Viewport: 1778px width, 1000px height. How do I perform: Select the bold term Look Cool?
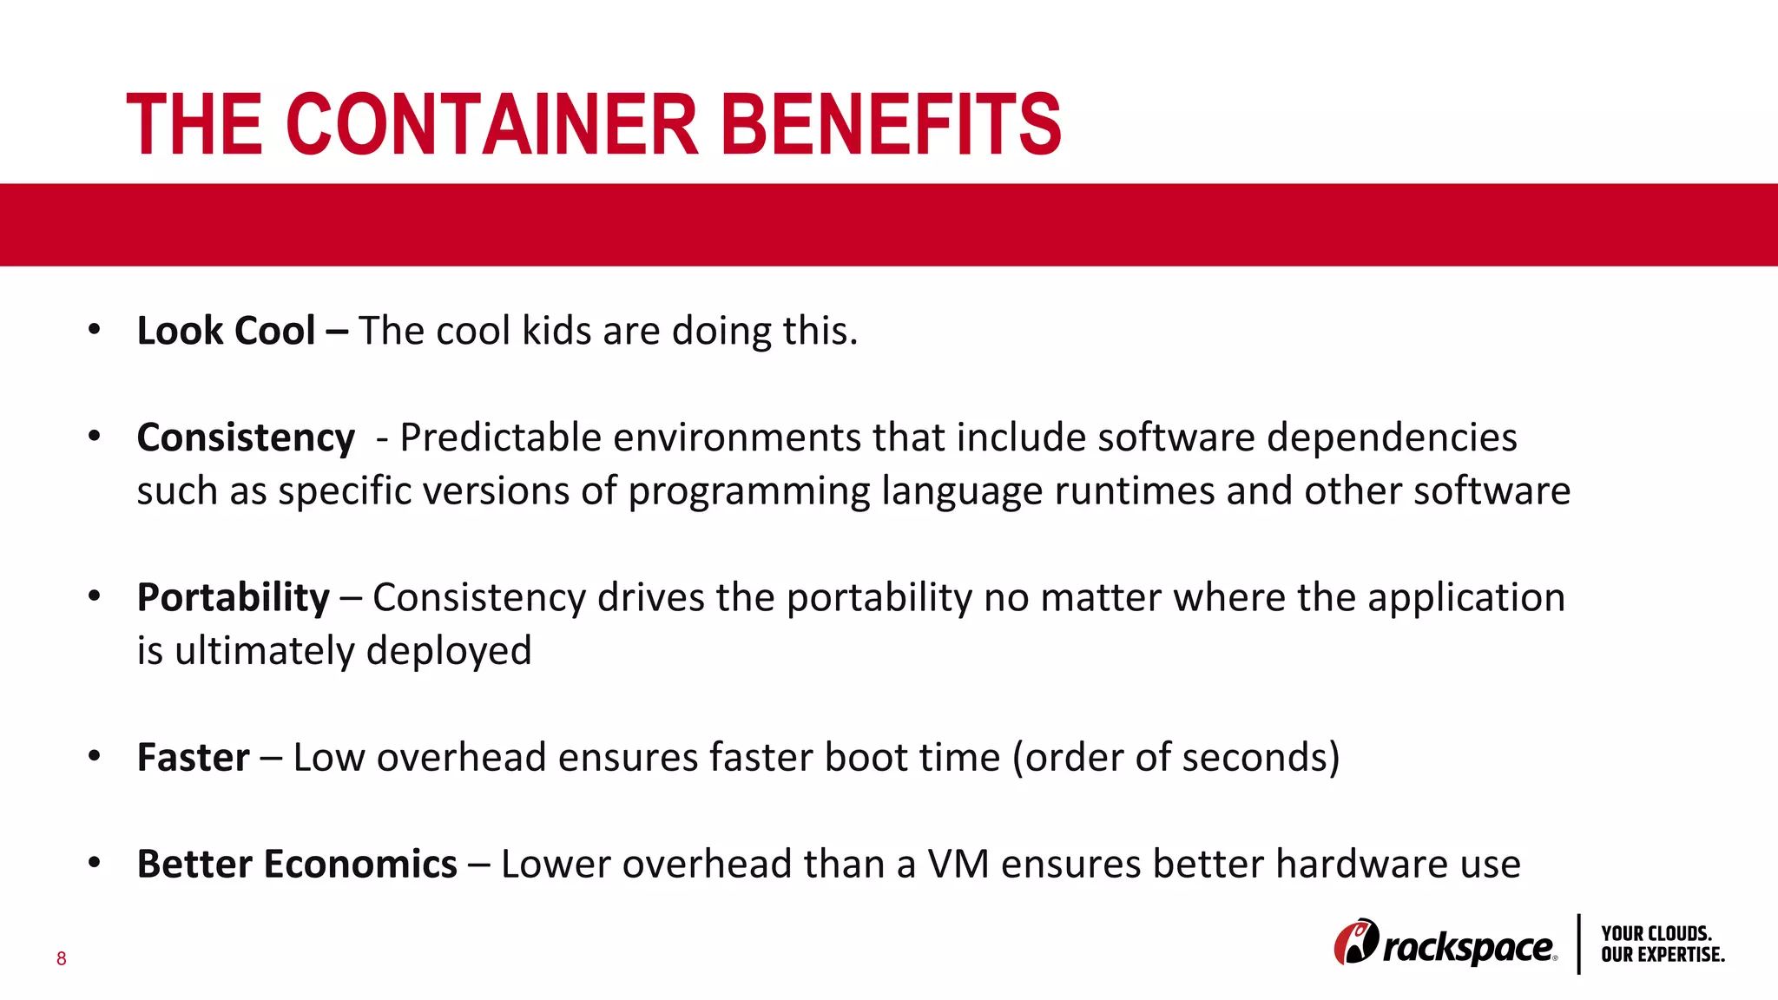pos(226,331)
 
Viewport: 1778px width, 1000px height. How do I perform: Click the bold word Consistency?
pos(246,437)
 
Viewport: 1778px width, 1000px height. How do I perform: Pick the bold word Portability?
pos(233,597)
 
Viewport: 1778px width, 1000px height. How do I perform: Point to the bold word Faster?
pos(193,757)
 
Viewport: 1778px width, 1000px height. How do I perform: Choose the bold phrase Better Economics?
pos(297,864)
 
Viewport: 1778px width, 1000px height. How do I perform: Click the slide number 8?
pos(61,958)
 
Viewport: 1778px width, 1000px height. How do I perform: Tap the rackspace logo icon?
pos(1355,942)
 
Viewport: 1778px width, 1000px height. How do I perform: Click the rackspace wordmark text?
pos(1467,947)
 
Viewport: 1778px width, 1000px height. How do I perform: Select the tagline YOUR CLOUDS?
pos(1656,934)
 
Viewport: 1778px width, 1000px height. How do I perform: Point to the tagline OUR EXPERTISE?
pos(1663,955)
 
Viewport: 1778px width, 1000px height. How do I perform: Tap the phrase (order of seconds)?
pos(1175,757)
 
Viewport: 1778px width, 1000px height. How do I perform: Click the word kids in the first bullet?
pos(556,331)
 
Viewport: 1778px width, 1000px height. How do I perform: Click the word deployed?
pos(449,651)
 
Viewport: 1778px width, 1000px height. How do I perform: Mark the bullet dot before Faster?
pos(95,756)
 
